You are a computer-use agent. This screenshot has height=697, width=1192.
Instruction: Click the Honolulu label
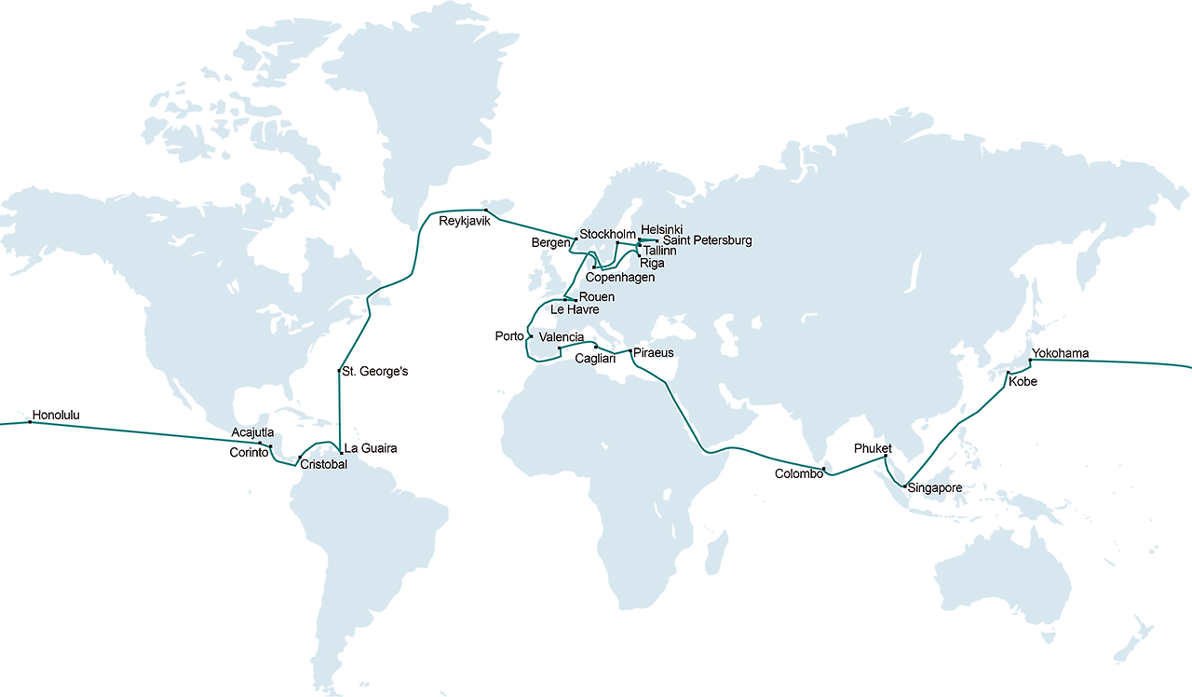pos(56,415)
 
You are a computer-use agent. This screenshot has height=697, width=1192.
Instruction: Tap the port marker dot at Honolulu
pos(30,422)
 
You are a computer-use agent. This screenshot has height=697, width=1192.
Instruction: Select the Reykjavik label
pos(464,221)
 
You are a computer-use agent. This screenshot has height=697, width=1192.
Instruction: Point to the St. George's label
pos(375,372)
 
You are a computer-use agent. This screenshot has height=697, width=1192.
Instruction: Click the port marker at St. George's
pos(339,372)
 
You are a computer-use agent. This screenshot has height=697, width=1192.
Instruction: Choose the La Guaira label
pos(371,448)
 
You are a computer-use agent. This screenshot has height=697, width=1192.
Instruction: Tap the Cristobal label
pos(323,464)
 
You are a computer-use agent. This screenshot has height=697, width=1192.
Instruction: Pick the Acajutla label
pos(251,433)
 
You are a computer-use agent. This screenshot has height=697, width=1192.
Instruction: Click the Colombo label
pos(799,473)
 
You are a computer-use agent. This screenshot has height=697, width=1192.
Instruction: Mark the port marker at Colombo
pos(824,469)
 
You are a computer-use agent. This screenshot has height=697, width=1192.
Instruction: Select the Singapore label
pos(934,488)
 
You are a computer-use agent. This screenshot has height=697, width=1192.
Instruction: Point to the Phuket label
pos(873,449)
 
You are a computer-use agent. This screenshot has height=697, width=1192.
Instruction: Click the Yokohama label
pos(1061,354)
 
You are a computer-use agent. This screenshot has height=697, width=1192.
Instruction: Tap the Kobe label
pos(1022,382)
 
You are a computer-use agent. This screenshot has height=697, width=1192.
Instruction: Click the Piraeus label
pos(653,353)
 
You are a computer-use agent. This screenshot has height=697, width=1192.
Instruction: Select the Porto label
pos(509,336)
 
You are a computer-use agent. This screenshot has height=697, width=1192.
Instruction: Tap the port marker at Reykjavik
pos(486,210)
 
